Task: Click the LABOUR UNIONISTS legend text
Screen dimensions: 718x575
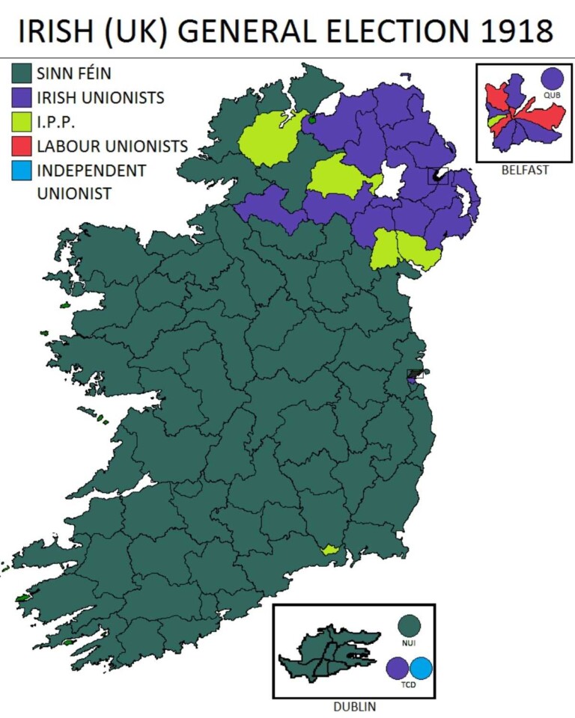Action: (x=112, y=146)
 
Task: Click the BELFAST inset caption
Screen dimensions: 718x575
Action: (x=524, y=170)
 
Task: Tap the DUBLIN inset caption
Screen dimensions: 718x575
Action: (x=353, y=706)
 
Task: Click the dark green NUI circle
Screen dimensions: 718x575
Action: (x=409, y=626)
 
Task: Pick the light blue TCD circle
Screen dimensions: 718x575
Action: (x=422, y=668)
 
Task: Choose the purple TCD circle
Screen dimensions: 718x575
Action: (x=398, y=668)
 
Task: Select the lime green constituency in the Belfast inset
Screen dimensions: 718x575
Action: (x=495, y=120)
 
